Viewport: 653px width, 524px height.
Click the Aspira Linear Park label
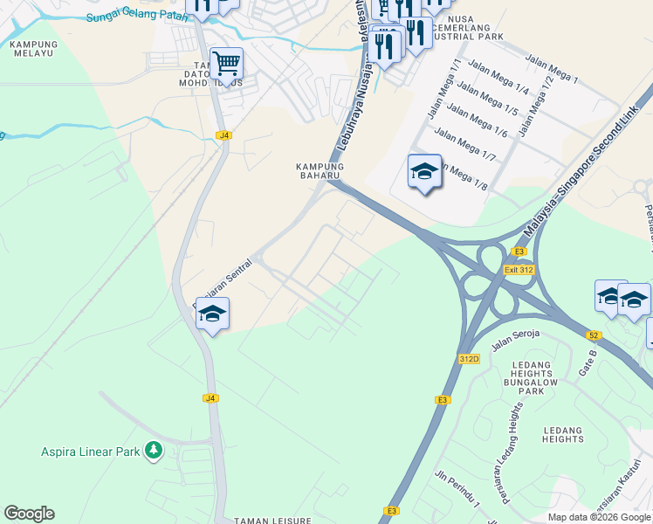click(91, 452)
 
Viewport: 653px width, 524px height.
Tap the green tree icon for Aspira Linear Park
click(154, 450)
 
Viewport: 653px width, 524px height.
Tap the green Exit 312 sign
click(519, 270)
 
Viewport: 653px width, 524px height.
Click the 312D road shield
click(469, 359)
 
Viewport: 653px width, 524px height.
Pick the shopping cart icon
click(226, 63)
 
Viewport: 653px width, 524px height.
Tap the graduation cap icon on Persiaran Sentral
click(212, 314)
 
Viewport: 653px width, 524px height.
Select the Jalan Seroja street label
click(516, 339)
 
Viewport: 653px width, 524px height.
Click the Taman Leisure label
click(272, 521)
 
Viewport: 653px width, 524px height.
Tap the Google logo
click(29, 514)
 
